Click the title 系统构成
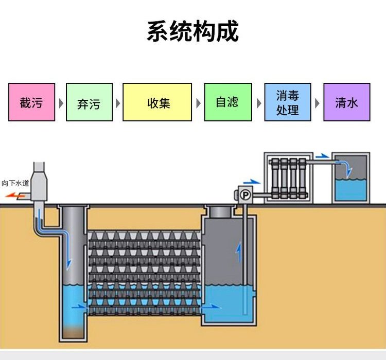click(193, 31)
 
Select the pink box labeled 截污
click(31, 102)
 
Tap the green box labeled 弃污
click(89, 102)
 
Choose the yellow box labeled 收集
click(157, 102)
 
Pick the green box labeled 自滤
click(227, 102)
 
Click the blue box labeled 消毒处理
click(288, 102)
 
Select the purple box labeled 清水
click(347, 102)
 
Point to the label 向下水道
click(15, 183)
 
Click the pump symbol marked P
click(245, 195)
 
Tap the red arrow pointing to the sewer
click(14, 196)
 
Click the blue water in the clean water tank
click(350, 190)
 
